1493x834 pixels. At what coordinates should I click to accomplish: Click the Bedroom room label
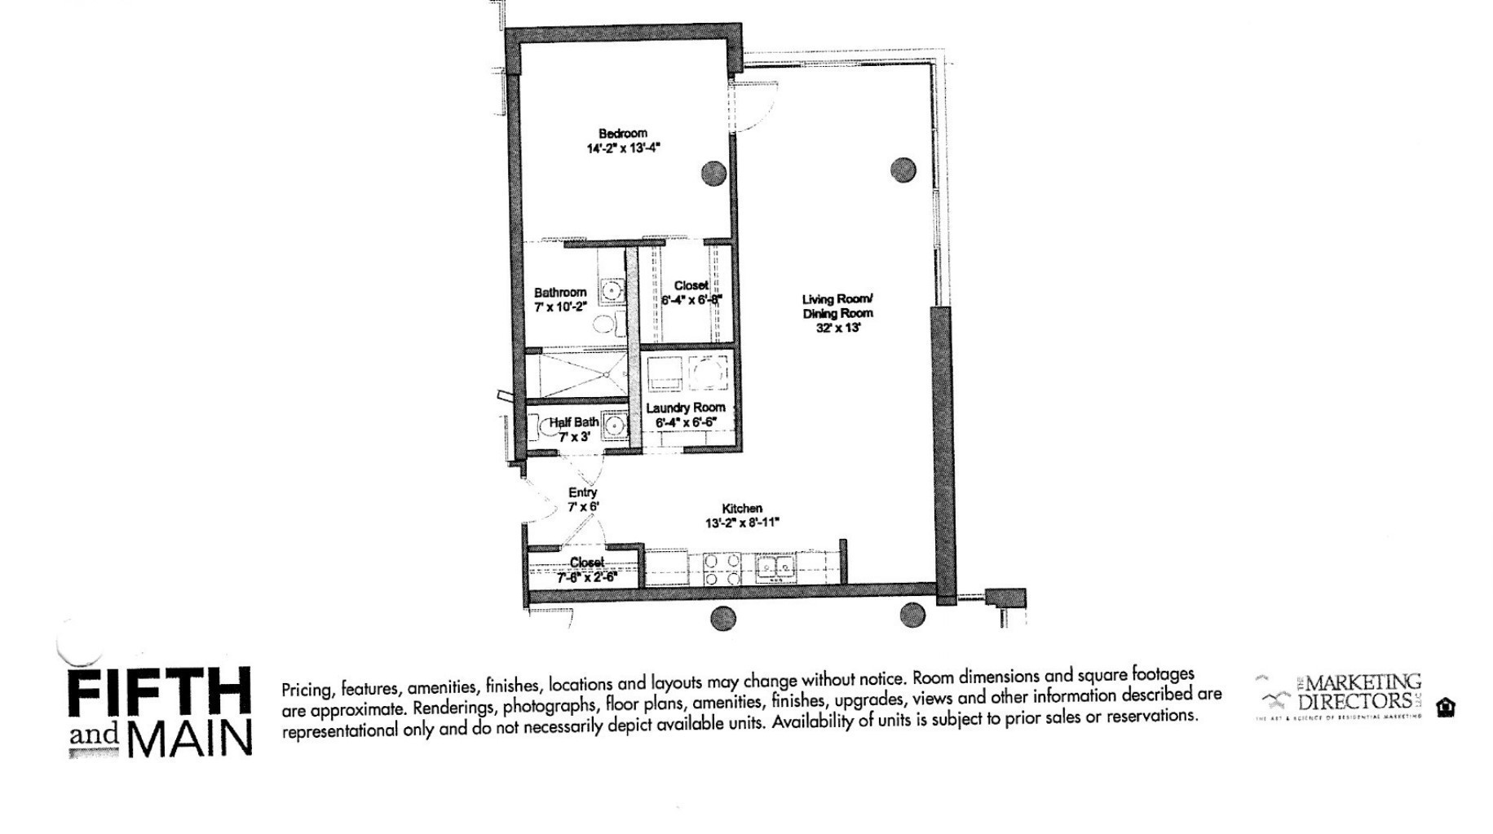coord(622,134)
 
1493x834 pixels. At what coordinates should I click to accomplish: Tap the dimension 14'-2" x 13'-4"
coord(622,148)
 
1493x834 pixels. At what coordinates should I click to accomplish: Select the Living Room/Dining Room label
coord(837,306)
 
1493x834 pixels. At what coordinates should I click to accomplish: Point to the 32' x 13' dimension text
coord(838,328)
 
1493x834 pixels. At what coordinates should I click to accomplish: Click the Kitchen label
coord(742,508)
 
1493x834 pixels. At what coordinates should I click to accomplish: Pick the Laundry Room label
coord(685,408)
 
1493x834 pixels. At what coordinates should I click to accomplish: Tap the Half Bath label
coord(573,422)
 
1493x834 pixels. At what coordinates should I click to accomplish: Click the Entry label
coord(582,492)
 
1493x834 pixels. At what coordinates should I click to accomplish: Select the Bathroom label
coord(560,293)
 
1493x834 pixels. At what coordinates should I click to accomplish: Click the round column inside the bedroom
coord(714,173)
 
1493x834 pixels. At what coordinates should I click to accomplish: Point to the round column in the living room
coord(902,170)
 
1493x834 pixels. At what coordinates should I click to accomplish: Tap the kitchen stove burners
coord(722,569)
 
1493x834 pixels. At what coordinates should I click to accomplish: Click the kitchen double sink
coord(774,566)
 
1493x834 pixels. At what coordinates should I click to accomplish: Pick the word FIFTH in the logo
coord(159,693)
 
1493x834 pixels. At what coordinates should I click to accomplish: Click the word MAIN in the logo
coord(189,739)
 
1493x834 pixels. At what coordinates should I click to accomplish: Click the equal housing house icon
coord(1446,707)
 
